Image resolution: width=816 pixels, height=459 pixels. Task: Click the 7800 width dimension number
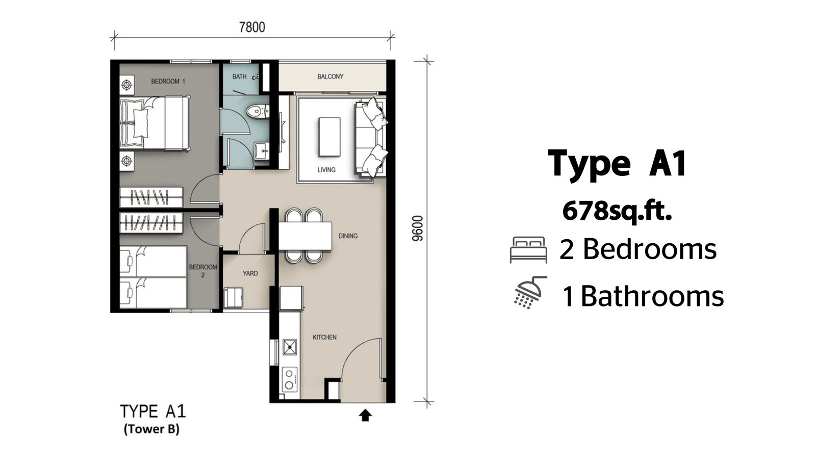[252, 28]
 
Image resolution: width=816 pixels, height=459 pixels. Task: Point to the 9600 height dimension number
[418, 228]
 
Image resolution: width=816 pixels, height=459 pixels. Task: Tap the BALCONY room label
[330, 76]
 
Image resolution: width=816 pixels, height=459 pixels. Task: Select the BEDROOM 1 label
[168, 81]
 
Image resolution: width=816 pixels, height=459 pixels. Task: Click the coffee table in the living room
[329, 137]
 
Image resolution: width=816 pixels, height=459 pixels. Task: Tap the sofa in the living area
[371, 138]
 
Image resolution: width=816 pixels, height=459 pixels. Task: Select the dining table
[305, 236]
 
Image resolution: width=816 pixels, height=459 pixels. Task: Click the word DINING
[348, 236]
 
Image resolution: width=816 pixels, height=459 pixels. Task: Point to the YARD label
[250, 273]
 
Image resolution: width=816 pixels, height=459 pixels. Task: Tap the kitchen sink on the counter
[290, 347]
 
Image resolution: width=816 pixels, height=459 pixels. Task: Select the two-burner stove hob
[289, 379]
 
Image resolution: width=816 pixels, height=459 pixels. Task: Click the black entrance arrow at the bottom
[365, 415]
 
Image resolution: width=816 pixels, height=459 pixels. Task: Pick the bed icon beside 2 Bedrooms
[528, 250]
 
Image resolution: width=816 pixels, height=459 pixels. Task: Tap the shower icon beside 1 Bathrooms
[530, 293]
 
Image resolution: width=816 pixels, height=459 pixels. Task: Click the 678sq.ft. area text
[617, 212]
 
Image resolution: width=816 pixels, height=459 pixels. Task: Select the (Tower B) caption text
[151, 429]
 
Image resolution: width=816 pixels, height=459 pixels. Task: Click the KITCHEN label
[324, 337]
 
